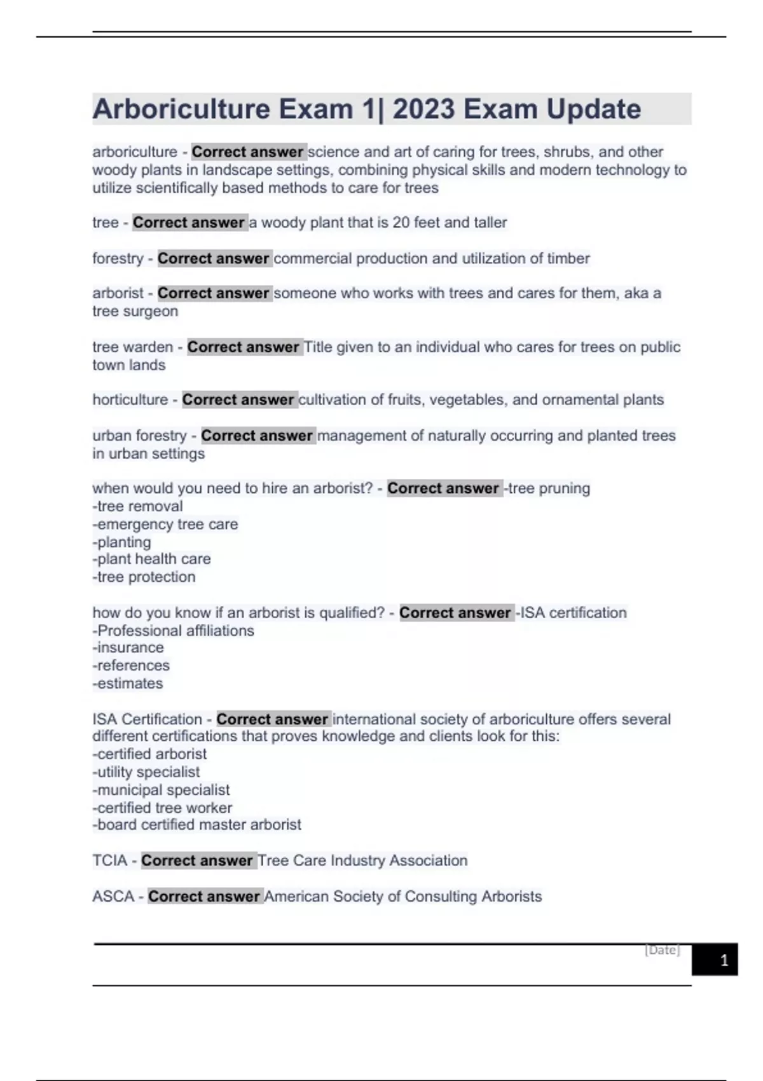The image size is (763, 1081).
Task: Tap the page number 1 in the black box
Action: pos(724,960)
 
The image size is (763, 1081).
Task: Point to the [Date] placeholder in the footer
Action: pos(662,950)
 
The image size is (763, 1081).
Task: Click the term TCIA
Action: pos(109,860)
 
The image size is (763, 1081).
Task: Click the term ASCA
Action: pos(113,896)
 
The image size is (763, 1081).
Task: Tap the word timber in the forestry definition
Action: pos(567,258)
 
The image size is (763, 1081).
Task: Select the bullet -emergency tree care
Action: pos(165,524)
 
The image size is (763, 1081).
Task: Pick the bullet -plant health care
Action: pos(151,559)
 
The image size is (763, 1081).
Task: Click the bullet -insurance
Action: pos(128,647)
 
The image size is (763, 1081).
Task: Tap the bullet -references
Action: pos(131,665)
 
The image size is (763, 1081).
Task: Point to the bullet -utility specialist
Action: pos(146,772)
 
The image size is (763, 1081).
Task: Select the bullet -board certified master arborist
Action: pos(197,825)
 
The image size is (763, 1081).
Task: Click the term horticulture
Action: pos(130,399)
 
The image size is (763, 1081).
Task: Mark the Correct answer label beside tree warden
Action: pos(243,347)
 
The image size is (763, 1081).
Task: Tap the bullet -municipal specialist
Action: pos(162,790)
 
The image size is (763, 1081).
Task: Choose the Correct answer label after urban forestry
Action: pos(257,436)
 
